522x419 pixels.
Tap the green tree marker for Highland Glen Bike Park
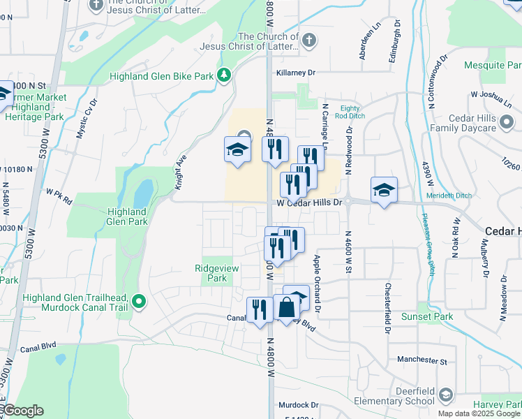click(224, 74)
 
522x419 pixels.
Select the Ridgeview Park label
click(211, 273)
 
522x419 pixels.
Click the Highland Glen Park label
click(128, 216)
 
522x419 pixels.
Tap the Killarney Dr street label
click(296, 73)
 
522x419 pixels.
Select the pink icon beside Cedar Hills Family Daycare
click(507, 123)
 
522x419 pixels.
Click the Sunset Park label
click(427, 316)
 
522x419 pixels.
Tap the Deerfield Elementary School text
click(394, 397)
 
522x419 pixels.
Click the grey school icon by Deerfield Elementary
click(445, 397)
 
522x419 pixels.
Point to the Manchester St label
click(422, 360)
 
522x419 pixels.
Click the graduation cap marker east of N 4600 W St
click(384, 190)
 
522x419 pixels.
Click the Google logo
click(23, 411)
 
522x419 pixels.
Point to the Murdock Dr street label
click(298, 404)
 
